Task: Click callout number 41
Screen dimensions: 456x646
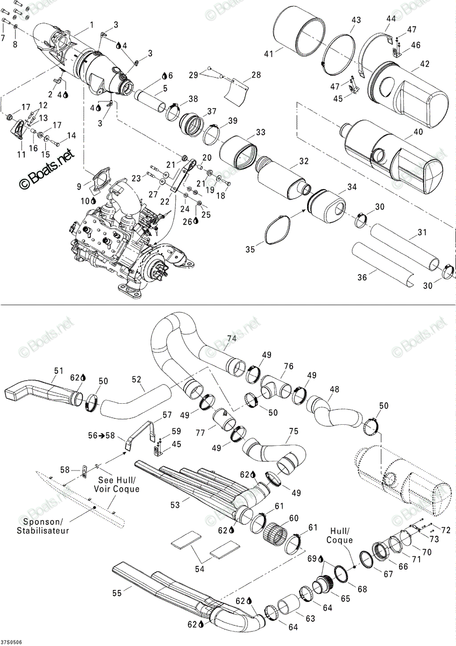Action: [x=269, y=54]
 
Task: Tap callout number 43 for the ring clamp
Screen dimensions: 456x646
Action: [x=357, y=20]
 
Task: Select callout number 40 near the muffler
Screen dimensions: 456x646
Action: [x=418, y=132]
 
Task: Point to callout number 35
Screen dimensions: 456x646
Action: [x=250, y=249]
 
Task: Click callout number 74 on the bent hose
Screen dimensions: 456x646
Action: [x=232, y=338]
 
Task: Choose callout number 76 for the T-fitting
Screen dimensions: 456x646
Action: [x=288, y=366]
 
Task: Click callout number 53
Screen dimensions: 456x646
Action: [x=175, y=505]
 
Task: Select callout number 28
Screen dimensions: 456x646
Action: [x=256, y=75]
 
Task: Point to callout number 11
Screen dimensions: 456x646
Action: [x=22, y=155]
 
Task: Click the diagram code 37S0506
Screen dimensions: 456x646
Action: [x=10, y=641]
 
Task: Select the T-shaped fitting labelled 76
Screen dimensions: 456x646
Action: [x=276, y=387]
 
